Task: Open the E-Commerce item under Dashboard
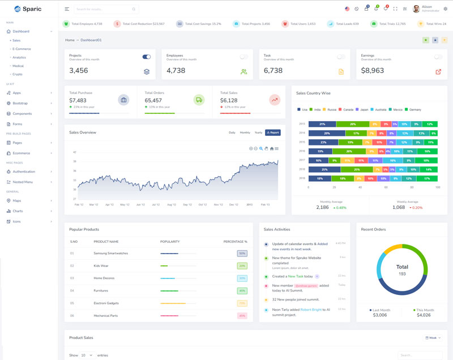click(x=22, y=49)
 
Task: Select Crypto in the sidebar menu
click(x=18, y=74)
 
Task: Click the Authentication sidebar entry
click(x=24, y=172)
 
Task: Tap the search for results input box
click(x=105, y=9)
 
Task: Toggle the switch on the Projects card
click(x=147, y=57)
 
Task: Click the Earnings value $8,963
click(x=373, y=71)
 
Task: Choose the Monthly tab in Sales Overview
click(x=245, y=132)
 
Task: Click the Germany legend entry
click(x=415, y=109)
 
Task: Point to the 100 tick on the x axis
click(x=438, y=187)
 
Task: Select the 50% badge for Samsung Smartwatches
click(x=242, y=254)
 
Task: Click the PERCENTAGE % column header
click(x=235, y=242)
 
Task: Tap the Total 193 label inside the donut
click(x=402, y=269)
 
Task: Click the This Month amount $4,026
click(x=424, y=315)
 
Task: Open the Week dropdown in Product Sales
click(x=433, y=338)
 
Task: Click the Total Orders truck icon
click(x=199, y=100)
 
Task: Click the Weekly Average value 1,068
click(x=399, y=207)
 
